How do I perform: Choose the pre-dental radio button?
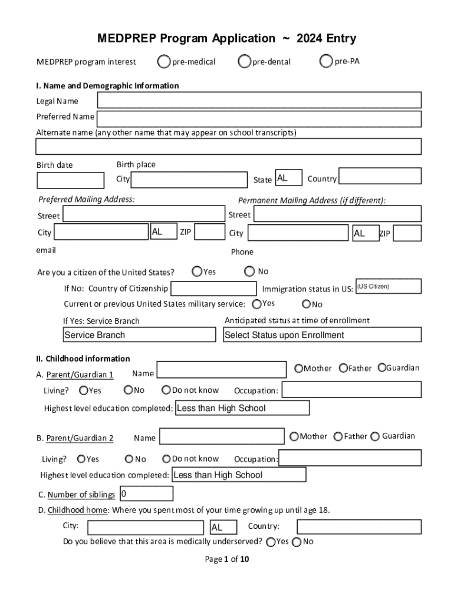[245, 61]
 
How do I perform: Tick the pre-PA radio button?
[326, 61]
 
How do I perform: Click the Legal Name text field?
[259, 101]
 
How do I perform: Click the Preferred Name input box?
[259, 119]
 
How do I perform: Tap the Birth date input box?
[70, 180]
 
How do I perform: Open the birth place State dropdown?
[288, 178]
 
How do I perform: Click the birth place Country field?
[380, 177]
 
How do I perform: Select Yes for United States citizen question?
[198, 271]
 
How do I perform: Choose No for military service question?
[306, 304]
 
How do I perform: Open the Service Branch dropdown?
[139, 335]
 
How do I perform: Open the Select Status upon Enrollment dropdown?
[322, 335]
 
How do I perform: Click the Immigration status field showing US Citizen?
[389, 286]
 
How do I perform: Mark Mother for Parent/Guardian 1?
[299, 368]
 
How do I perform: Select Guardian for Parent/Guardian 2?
[374, 436]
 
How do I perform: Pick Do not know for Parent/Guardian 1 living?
[167, 390]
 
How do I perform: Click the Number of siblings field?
[146, 493]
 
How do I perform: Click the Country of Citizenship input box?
[213, 289]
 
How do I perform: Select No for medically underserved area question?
[297, 542]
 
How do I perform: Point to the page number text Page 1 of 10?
[227, 559]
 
